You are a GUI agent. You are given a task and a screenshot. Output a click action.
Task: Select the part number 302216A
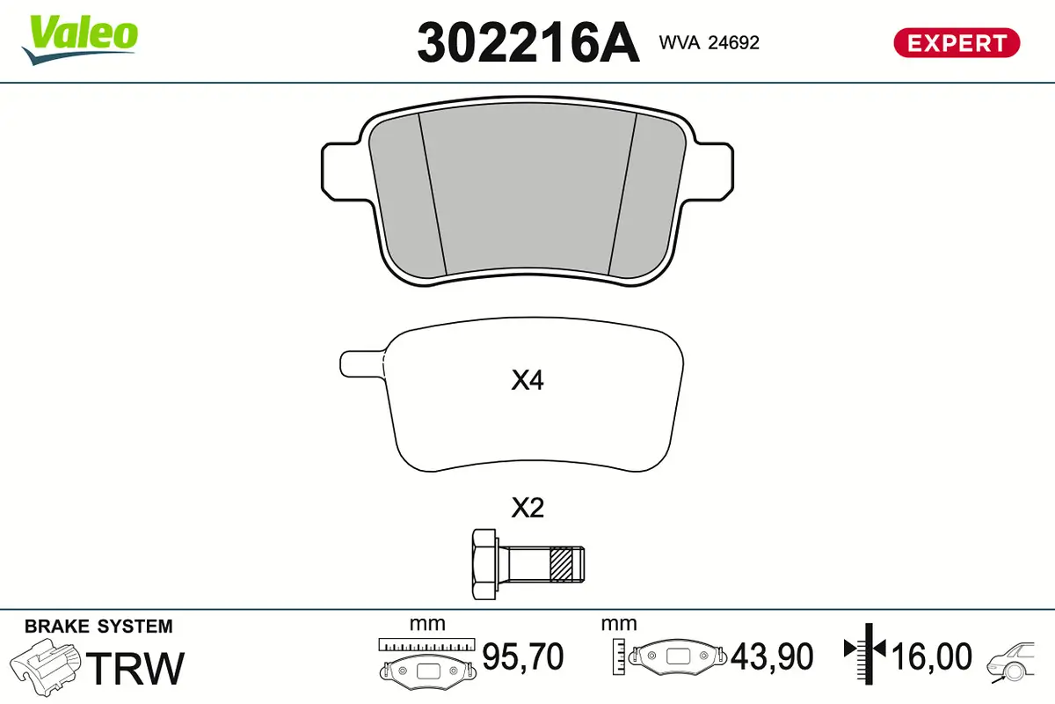pyautogui.click(x=527, y=42)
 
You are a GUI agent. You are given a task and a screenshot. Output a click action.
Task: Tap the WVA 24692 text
pyautogui.click(x=708, y=42)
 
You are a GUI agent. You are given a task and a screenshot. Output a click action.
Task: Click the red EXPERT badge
pyautogui.click(x=957, y=42)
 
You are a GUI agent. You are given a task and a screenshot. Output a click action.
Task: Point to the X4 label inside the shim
pyautogui.click(x=527, y=381)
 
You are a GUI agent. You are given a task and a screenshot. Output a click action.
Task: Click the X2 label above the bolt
pyautogui.click(x=527, y=508)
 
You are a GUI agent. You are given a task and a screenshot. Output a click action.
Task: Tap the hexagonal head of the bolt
pyautogui.click(x=484, y=564)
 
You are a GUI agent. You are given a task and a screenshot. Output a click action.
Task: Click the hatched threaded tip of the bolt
pyautogui.click(x=567, y=564)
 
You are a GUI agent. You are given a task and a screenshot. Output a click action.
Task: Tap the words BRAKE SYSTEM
pyautogui.click(x=98, y=627)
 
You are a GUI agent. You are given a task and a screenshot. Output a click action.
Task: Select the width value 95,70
pyautogui.click(x=523, y=656)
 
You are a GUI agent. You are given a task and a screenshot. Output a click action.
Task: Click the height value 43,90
pyautogui.click(x=773, y=656)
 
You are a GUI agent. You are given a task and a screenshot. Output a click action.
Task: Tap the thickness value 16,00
pyautogui.click(x=932, y=656)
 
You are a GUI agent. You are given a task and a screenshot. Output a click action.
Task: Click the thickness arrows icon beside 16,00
pyautogui.click(x=865, y=651)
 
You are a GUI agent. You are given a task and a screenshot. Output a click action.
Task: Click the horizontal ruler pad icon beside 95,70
pyautogui.click(x=426, y=660)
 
